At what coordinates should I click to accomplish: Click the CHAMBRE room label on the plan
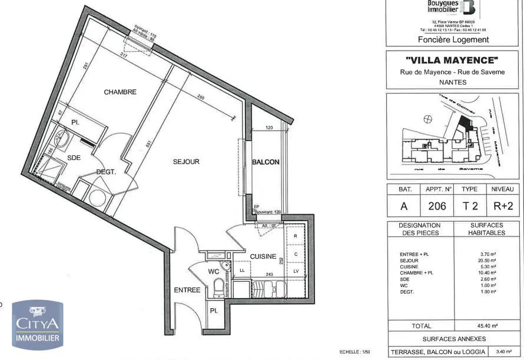point(120,92)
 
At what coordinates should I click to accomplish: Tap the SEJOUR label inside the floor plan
point(186,162)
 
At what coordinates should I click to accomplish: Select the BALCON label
point(266,162)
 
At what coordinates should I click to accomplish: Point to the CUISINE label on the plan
point(263,256)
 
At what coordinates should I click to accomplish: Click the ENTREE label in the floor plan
point(187,290)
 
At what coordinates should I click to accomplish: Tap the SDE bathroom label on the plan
point(74,158)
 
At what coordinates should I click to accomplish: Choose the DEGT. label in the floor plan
point(107,172)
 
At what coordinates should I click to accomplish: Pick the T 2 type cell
point(469,206)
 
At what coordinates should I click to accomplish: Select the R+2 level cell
point(502,206)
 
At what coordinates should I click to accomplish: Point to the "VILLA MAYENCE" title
point(452,60)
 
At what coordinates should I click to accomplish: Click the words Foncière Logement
point(453,39)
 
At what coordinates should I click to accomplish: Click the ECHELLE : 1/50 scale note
point(355,352)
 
